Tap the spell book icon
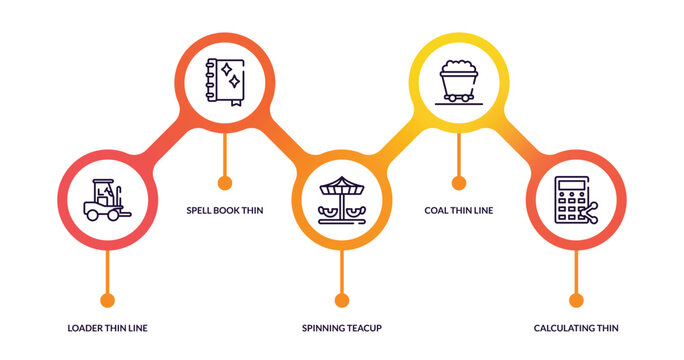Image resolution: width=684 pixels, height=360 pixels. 224,81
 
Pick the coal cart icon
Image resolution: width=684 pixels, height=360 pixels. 459,81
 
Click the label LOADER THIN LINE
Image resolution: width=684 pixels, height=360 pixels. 107,328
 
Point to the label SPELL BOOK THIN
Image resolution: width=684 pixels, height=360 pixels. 225,210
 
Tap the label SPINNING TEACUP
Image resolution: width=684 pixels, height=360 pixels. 342,328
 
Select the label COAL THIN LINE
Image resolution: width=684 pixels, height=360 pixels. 459,210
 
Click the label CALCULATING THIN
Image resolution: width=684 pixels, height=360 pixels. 576,328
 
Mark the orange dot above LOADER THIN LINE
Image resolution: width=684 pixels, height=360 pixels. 107,300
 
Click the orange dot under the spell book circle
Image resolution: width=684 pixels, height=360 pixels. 225,182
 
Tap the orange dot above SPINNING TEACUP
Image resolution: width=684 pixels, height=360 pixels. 342,300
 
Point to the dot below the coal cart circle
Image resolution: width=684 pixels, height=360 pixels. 459,182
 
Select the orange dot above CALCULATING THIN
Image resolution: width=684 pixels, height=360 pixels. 576,300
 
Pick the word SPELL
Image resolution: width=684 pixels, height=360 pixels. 199,210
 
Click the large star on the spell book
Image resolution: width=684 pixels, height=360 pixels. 230,71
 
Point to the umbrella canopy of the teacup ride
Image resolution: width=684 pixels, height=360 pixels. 342,186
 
